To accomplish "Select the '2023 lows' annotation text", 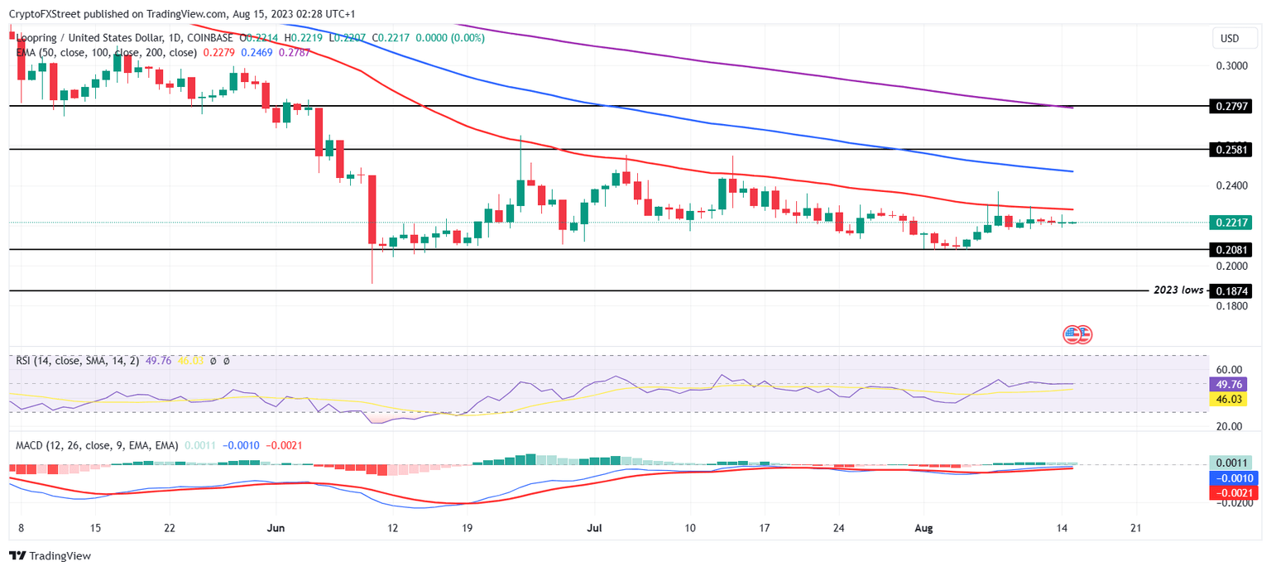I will coord(1178,290).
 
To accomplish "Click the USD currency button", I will coord(1230,39).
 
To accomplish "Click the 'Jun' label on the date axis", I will coord(276,528).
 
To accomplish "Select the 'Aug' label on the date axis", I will coord(925,528).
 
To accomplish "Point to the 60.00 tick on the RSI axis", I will coord(1230,370).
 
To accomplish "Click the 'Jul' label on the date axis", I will coord(594,528).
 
